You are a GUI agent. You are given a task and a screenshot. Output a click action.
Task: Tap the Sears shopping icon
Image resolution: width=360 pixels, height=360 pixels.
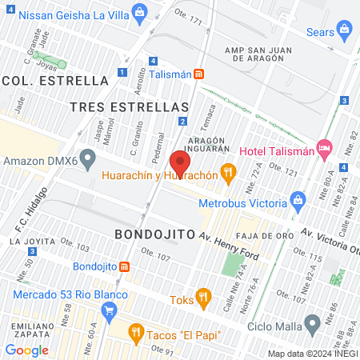[x=345, y=32]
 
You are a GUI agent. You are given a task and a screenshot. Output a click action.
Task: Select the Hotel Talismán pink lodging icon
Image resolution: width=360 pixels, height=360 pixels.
[x=324, y=147]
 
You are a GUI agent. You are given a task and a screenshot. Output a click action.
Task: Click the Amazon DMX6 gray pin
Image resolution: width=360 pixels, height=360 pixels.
[x=89, y=161]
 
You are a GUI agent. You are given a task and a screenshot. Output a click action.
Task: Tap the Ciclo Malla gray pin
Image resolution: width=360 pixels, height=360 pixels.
[x=313, y=325]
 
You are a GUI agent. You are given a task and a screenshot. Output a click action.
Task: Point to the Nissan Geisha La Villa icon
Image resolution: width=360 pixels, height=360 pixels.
[x=141, y=12]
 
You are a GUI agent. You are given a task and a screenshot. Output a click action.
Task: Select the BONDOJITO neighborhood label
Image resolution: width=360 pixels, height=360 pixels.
[x=155, y=234]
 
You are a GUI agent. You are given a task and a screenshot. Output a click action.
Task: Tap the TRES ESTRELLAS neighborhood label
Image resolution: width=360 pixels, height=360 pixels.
[x=140, y=106]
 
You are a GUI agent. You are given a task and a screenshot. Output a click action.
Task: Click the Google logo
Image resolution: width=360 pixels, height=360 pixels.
[x=26, y=350]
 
